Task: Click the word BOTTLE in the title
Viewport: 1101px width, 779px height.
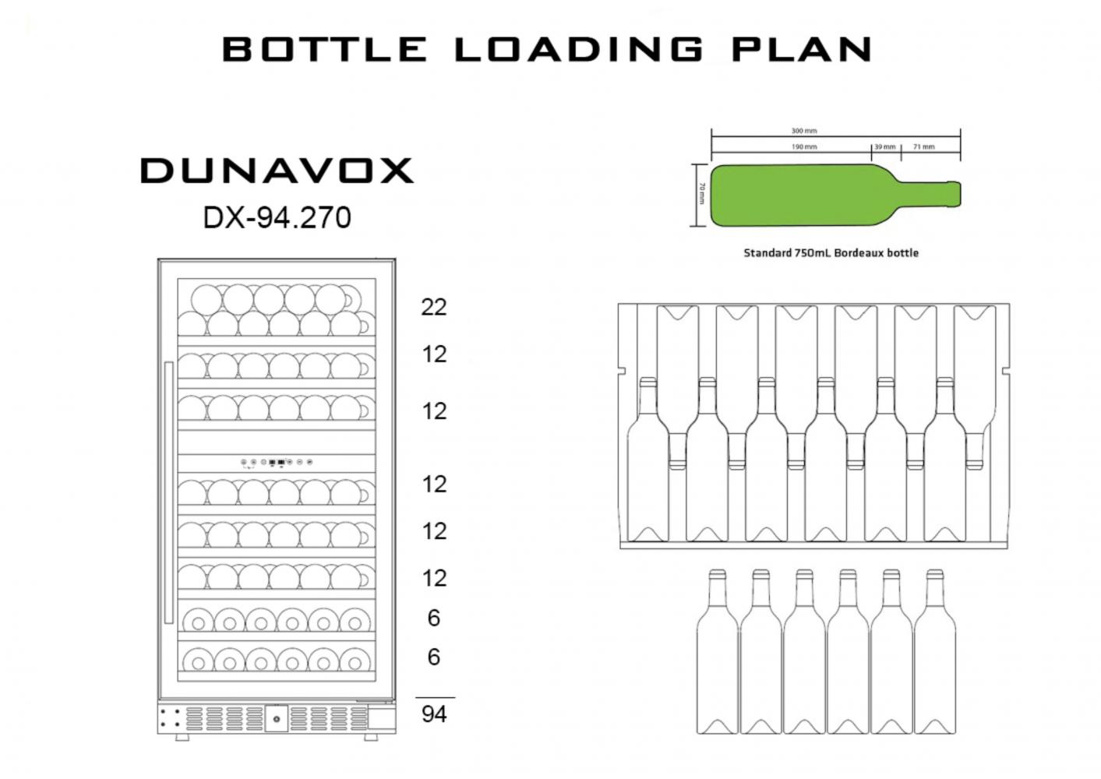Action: coord(324,49)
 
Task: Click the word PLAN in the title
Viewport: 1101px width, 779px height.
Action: coord(801,49)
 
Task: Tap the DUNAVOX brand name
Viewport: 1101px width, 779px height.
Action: coord(277,171)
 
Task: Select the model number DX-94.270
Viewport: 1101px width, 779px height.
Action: coord(277,217)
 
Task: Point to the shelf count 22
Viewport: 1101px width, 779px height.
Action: coord(434,307)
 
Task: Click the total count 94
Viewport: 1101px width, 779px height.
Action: coord(434,714)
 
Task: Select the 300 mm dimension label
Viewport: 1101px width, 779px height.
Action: coord(804,131)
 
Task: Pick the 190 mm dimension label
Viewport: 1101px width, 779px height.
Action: coord(804,146)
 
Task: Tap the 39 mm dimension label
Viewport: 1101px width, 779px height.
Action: coord(884,146)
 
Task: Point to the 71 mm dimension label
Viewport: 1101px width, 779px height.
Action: coord(923,146)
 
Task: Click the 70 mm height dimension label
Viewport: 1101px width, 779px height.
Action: coord(701,193)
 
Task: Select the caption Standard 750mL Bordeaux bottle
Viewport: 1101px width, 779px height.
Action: coord(831,253)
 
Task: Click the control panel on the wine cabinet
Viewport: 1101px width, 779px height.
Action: coord(277,462)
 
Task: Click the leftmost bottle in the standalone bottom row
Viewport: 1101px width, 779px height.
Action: coord(717,654)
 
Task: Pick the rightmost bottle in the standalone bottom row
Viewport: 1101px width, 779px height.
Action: coord(934,654)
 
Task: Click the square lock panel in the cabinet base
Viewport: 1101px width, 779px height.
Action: coord(276,718)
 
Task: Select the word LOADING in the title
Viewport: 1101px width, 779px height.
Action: coord(579,49)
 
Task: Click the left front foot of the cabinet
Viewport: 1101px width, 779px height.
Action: coord(181,736)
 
